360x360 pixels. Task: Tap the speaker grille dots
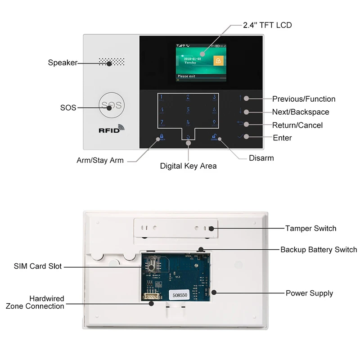pyautogui.click(x=112, y=62)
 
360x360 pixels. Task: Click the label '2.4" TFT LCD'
pyautogui.click(x=267, y=25)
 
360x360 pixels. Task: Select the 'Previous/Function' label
pyautogui.click(x=304, y=99)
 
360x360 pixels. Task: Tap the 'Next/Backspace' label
pyautogui.click(x=301, y=112)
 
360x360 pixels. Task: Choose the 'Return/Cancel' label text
pyautogui.click(x=297, y=125)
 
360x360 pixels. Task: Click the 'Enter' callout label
pyautogui.click(x=282, y=138)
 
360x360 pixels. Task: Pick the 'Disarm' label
pyautogui.click(x=261, y=158)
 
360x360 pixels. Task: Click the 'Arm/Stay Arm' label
pyautogui.click(x=100, y=160)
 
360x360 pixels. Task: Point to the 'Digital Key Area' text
pyautogui.click(x=188, y=166)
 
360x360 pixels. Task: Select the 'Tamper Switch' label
pyautogui.click(x=310, y=228)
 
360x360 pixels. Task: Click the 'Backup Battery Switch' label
pyautogui.click(x=319, y=249)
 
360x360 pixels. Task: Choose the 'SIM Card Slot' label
pyautogui.click(x=38, y=266)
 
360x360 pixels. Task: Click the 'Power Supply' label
pyautogui.click(x=309, y=293)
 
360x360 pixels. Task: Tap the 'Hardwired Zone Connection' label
pyautogui.click(x=35, y=302)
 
